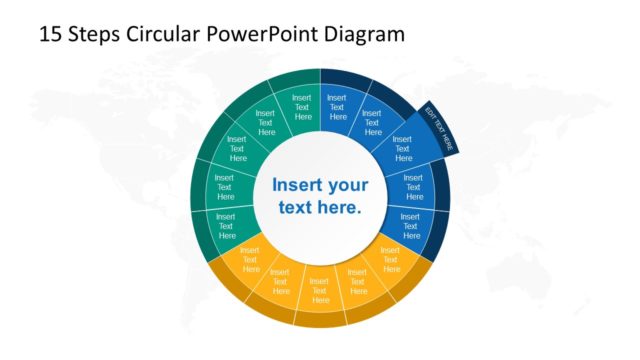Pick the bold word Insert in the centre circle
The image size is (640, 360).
[299, 185]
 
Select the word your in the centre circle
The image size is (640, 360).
[349, 185]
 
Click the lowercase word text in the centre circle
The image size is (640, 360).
[298, 208]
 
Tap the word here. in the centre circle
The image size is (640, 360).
[339, 208]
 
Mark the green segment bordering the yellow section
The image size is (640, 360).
[226, 225]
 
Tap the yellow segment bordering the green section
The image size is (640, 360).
[249, 259]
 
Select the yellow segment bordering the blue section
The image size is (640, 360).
[389, 259]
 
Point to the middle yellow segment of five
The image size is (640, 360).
[320, 285]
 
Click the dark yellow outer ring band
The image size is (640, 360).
[320, 319]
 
